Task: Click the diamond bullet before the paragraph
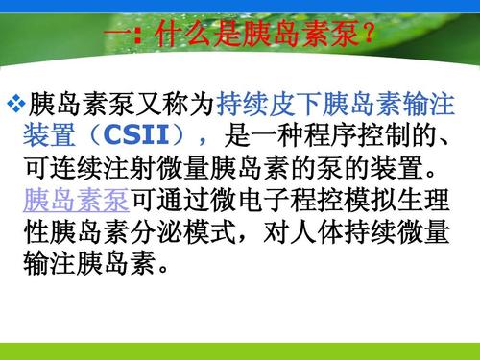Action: pyautogui.click(x=17, y=101)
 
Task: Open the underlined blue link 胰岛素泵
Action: pyautogui.click(x=78, y=203)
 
